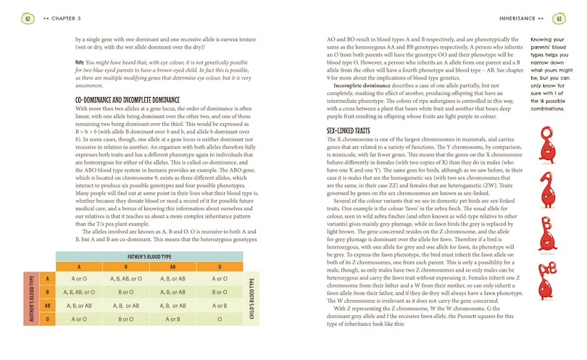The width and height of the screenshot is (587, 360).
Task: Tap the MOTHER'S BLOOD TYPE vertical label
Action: [x=31, y=298]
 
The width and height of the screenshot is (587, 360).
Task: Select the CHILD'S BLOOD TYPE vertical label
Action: [x=251, y=298]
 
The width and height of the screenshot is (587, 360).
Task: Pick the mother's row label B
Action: [x=46, y=292]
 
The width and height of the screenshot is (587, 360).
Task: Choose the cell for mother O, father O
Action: [x=220, y=319]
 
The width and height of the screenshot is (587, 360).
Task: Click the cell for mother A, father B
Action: [x=125, y=278]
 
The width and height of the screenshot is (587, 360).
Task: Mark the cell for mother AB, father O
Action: [x=220, y=306]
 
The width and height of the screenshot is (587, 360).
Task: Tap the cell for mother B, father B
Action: [x=125, y=292]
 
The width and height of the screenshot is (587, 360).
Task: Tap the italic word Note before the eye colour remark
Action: [x=80, y=62]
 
